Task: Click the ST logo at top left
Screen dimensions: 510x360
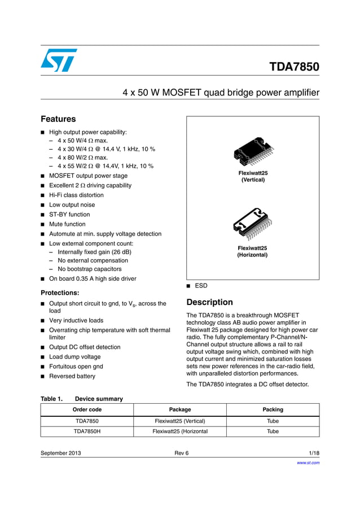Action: click(59, 60)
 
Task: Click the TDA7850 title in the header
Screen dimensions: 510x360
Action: click(294, 67)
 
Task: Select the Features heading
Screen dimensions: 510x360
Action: click(58, 119)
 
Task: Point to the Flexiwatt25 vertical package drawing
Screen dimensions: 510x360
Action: click(253, 151)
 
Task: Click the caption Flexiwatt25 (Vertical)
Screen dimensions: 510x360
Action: click(253, 176)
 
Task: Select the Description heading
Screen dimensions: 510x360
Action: click(209, 302)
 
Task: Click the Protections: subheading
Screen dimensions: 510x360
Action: click(60, 293)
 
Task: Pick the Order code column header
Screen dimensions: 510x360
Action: click(87, 409)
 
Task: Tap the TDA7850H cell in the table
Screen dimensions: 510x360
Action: click(87, 431)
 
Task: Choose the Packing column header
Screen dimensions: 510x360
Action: click(273, 409)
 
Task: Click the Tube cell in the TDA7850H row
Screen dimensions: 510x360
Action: click(273, 431)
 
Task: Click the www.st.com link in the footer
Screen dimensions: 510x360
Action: click(308, 463)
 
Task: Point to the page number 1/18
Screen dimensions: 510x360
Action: click(314, 453)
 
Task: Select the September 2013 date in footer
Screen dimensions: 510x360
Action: click(61, 453)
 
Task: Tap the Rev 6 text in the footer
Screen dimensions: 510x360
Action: click(182, 453)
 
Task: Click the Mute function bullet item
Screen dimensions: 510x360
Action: click(67, 224)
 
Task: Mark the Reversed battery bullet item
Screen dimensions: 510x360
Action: click(72, 376)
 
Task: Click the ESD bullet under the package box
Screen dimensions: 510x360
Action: click(201, 286)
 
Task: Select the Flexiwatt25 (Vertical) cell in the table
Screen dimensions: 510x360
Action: click(180, 421)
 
